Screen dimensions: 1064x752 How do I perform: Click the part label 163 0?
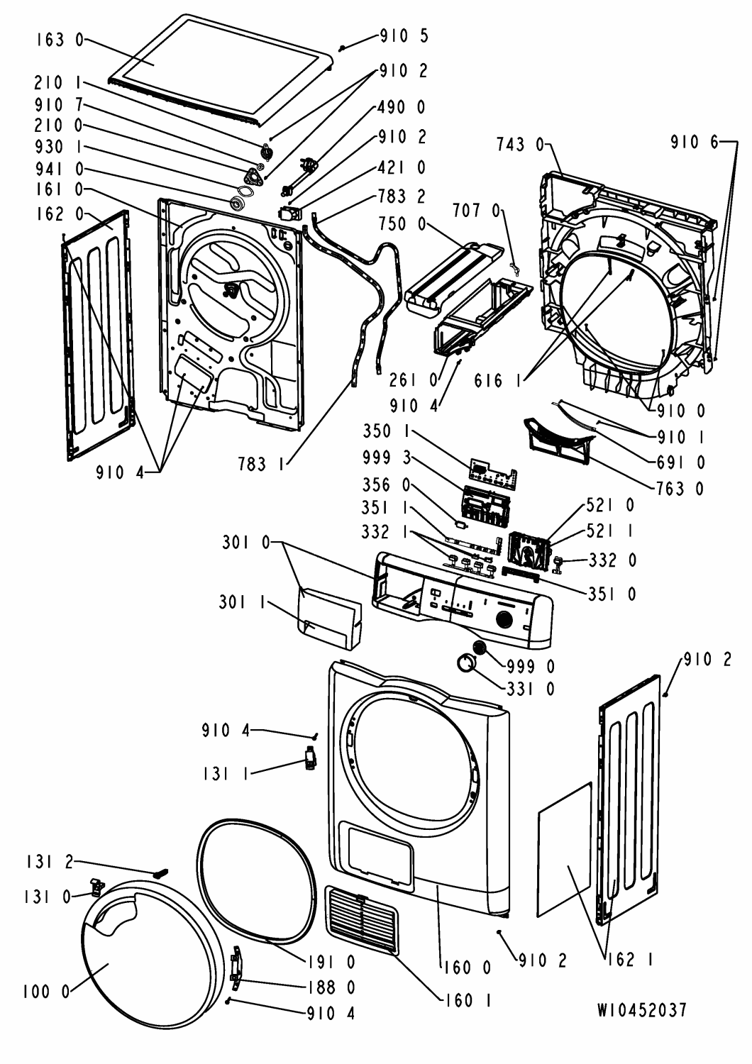coord(57,40)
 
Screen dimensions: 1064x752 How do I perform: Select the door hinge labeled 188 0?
coord(236,966)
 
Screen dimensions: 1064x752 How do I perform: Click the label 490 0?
coord(402,107)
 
